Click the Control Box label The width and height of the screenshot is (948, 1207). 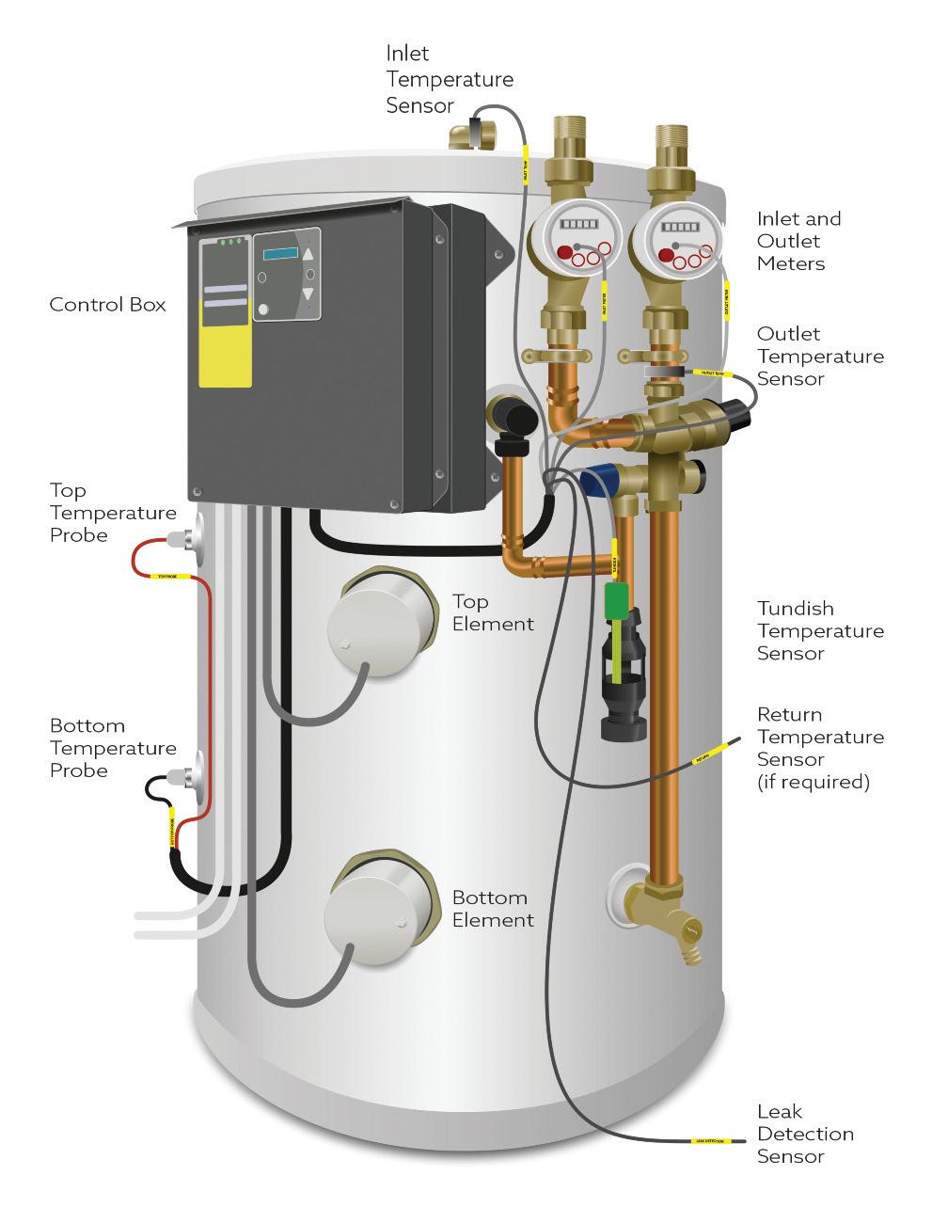tap(107, 305)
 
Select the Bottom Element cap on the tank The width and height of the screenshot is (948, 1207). tap(380, 911)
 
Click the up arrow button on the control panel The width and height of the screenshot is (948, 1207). tap(308, 254)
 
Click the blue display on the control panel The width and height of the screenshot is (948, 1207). tap(279, 254)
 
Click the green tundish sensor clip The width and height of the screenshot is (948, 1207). tap(616, 601)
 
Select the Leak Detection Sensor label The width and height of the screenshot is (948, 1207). tap(805, 1134)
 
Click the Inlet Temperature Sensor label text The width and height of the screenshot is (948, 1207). tap(450, 80)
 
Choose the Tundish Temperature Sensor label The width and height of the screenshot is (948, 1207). tap(820, 630)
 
